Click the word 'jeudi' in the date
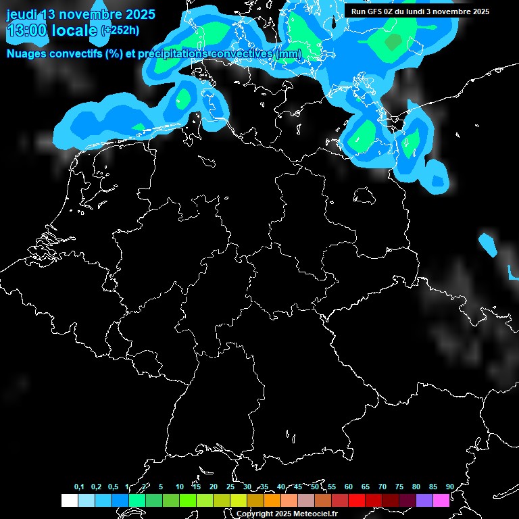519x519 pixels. pyautogui.click(x=23, y=14)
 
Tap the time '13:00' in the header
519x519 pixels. pyautogui.click(x=26, y=30)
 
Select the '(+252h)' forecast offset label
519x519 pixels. pyautogui.click(x=120, y=30)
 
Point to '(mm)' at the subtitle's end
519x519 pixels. pyautogui.click(x=287, y=54)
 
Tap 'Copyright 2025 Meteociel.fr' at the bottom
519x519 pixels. pyautogui.click(x=287, y=514)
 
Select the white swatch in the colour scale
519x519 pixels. pyautogui.click(x=70, y=501)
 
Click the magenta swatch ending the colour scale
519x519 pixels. pyautogui.click(x=441, y=501)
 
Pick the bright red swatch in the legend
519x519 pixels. pyautogui.click(x=357, y=501)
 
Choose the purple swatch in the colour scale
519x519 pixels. pyautogui.click(x=424, y=501)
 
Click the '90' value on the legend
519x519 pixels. pyautogui.click(x=450, y=487)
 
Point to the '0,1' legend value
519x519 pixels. pyautogui.click(x=79, y=487)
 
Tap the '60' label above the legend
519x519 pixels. pyautogui.click(x=349, y=487)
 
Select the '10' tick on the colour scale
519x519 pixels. pyautogui.click(x=180, y=487)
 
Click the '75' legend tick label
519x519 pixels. pyautogui.click(x=399, y=487)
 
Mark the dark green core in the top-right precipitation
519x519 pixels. pyautogui.click(x=393, y=43)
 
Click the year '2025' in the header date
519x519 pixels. pyautogui.click(x=137, y=14)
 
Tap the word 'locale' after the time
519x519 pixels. pyautogui.click(x=75, y=30)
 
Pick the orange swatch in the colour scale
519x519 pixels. pyautogui.click(x=272, y=501)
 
